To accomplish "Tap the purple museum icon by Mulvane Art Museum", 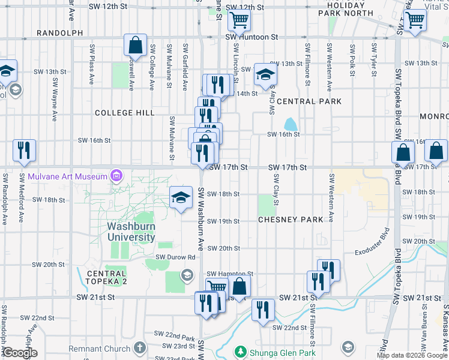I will click(x=116, y=176).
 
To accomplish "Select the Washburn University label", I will click(x=131, y=232).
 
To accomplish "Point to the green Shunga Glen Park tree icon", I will click(x=240, y=352).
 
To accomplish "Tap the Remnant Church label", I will click(x=100, y=348).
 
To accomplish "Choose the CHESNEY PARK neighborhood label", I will click(x=291, y=220).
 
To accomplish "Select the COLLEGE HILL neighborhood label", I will click(x=125, y=113).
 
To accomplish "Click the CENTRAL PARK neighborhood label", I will click(x=309, y=101).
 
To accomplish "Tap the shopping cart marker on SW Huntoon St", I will click(x=239, y=21).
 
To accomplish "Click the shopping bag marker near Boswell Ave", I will click(x=136, y=46).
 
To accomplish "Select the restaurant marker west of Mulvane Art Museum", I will click(x=24, y=151).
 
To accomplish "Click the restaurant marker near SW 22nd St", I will click(x=263, y=311).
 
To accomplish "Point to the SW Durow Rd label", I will click(x=176, y=257).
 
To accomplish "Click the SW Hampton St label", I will click(x=231, y=273).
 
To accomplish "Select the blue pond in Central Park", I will click(x=291, y=124).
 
